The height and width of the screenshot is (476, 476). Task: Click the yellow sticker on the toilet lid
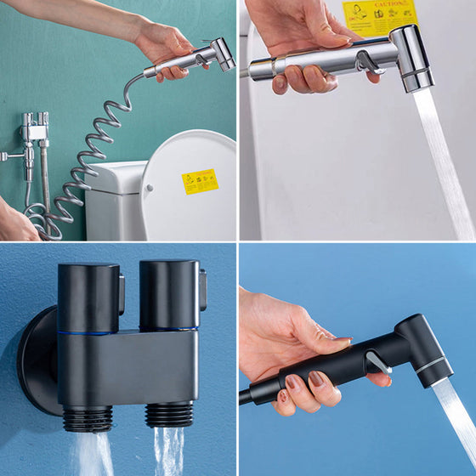pos(201,181)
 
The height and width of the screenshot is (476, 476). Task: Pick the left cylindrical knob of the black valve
pos(88,297)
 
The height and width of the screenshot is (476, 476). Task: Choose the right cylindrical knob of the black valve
pos(169,294)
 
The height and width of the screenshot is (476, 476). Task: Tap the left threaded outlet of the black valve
pos(88,417)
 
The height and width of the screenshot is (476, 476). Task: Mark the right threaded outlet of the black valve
pos(169,413)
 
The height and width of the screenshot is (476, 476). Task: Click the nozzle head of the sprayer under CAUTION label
pos(414,58)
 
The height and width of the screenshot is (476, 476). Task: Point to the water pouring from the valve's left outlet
pos(93,455)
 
